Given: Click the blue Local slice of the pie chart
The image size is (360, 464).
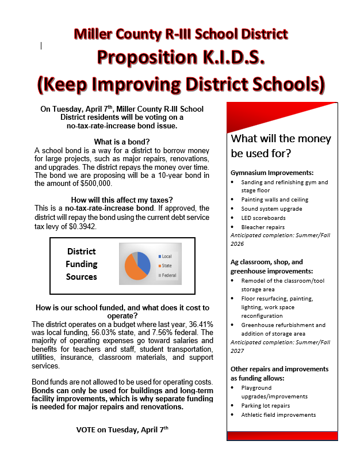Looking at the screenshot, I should pyautogui.click(x=144, y=261).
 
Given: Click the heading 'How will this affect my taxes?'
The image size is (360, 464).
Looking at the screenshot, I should pyautogui.click(x=121, y=199).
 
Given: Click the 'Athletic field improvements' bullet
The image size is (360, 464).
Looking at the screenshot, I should pyautogui.click(x=278, y=414).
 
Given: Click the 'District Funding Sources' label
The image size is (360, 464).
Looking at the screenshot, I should pyautogui.click(x=82, y=264).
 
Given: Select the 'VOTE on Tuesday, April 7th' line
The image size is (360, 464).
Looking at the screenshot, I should pyautogui.click(x=122, y=429).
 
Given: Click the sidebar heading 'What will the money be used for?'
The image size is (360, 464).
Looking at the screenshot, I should pyautogui.click(x=281, y=146).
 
